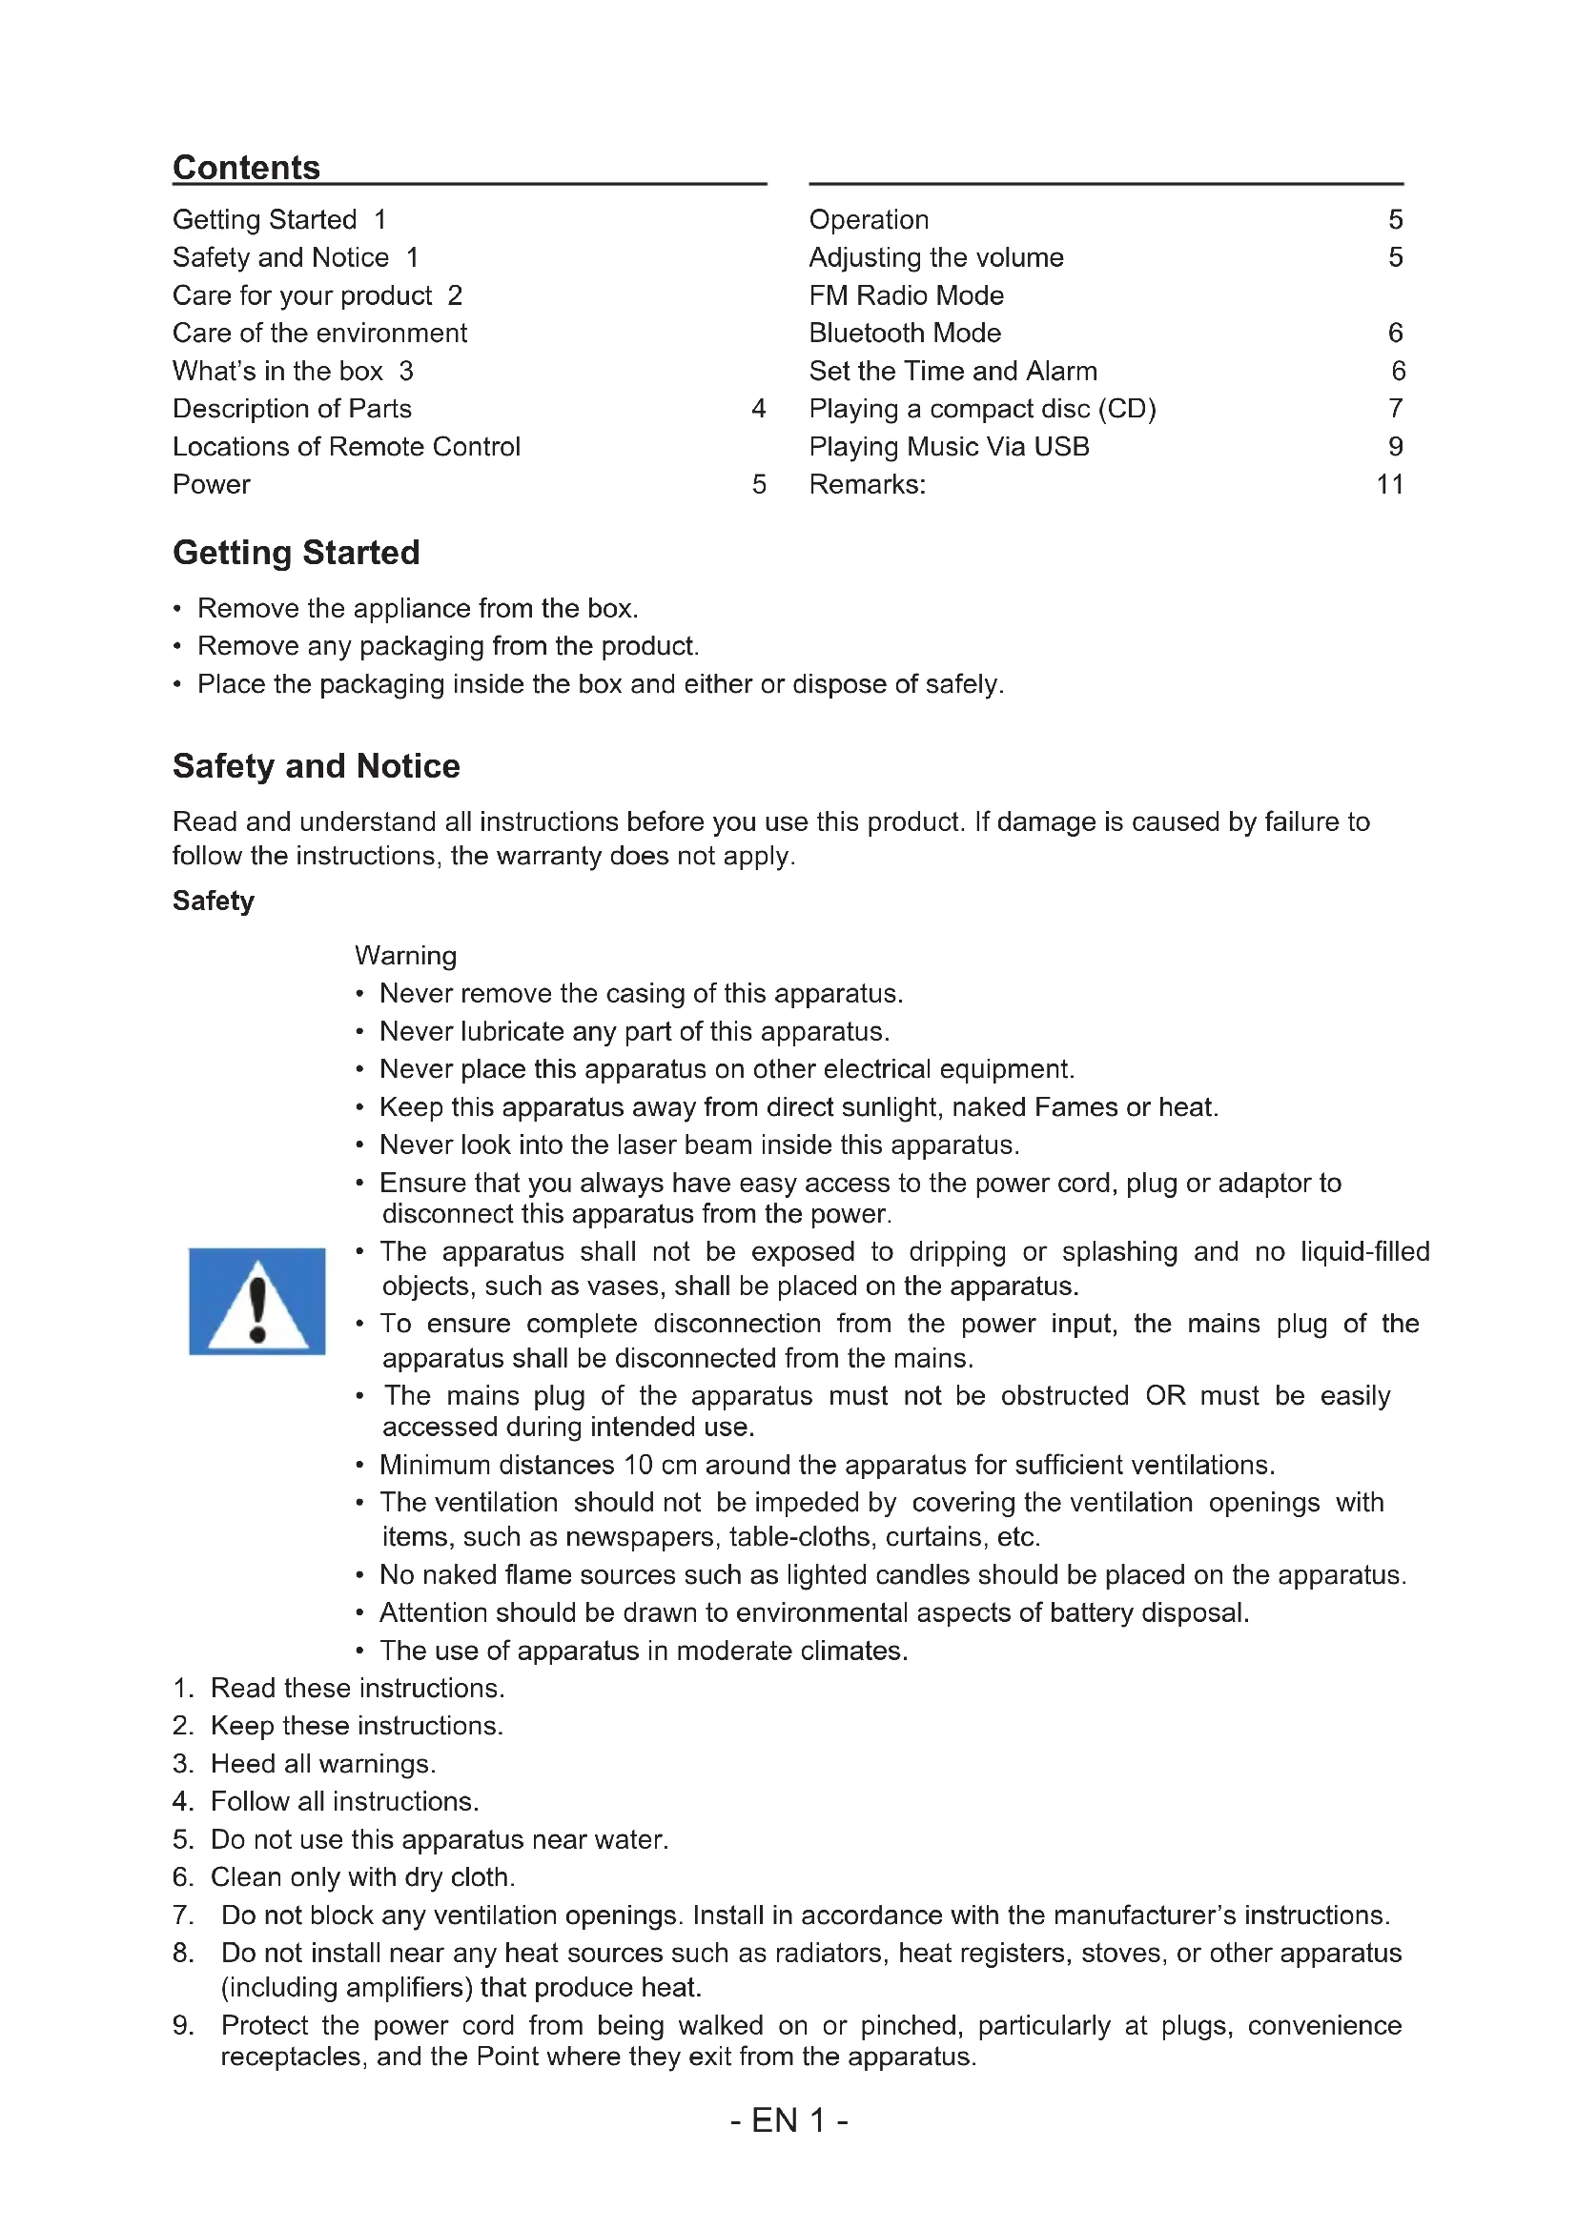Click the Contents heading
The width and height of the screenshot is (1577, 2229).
pos(246,168)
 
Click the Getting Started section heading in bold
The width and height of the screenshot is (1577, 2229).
pos(297,553)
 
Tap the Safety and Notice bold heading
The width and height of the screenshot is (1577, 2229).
pos(316,766)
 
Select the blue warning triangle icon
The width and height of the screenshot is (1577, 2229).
pos(256,1301)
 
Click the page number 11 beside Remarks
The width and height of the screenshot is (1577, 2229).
pos(1389,484)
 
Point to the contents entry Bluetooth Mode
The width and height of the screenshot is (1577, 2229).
pos(904,333)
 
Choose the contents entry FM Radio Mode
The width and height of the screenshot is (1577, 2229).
pos(906,295)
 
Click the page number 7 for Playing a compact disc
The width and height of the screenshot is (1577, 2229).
pos(1396,409)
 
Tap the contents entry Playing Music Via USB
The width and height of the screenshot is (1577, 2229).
pos(949,447)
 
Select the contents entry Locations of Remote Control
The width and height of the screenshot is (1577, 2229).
pos(346,447)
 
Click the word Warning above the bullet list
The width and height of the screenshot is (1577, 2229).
pos(405,955)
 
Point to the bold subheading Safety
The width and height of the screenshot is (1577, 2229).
pos(213,901)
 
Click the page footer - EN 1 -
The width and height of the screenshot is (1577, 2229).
pos(788,2120)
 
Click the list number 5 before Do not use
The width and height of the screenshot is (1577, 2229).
pos(181,1839)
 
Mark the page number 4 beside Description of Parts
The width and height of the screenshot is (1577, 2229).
pos(758,409)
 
